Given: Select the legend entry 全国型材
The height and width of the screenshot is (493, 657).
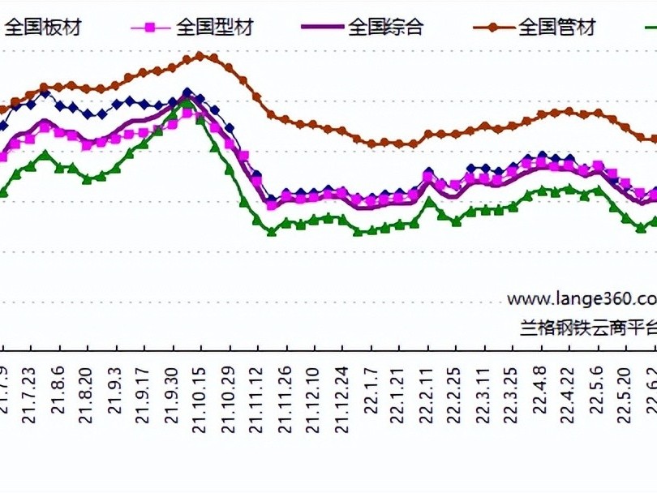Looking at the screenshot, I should pyautogui.click(x=214, y=28).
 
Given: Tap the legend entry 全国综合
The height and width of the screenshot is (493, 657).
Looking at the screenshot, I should pyautogui.click(x=385, y=28).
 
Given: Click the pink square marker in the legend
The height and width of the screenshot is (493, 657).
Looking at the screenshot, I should pyautogui.click(x=149, y=28).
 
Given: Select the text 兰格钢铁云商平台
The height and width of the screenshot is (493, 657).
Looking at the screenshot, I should pyautogui.click(x=588, y=327).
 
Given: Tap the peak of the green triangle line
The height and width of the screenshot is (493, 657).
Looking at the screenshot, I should pyautogui.click(x=187, y=103).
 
